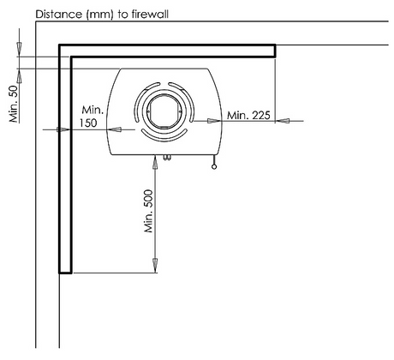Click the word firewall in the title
(x=150, y=14)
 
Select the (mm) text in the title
(x=99, y=15)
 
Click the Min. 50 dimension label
(x=14, y=104)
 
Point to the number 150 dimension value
(x=88, y=123)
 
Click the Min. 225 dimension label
(x=248, y=116)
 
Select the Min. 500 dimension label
(x=148, y=211)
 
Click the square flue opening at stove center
(x=164, y=111)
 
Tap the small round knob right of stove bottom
(x=214, y=167)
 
